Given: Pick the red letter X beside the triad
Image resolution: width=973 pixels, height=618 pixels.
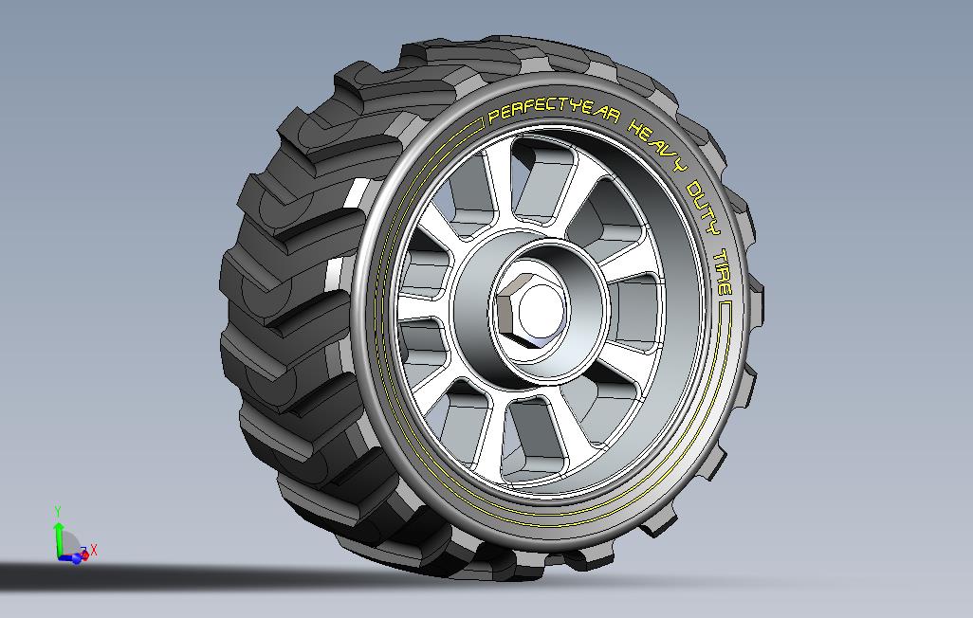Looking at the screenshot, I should click(94, 550).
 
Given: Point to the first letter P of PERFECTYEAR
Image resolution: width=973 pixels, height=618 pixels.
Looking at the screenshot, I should click(494, 118).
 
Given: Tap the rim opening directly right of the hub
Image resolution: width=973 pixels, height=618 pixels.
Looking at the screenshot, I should click(645, 313).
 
